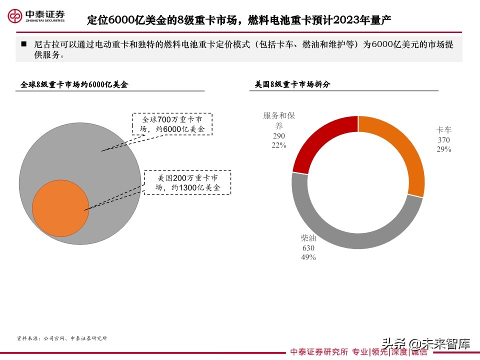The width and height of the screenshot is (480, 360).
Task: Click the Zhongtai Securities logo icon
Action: click(16, 16)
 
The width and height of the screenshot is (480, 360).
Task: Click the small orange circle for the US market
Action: click(60, 208)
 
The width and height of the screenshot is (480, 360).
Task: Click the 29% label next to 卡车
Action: click(443, 149)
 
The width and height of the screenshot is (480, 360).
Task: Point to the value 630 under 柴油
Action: click(308, 247)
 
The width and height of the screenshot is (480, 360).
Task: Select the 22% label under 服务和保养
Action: click(279, 145)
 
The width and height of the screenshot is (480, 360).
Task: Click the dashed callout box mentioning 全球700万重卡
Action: click(172, 124)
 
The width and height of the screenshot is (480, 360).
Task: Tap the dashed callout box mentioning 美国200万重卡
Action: click(187, 182)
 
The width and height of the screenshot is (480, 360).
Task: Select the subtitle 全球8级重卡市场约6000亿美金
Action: click(74, 84)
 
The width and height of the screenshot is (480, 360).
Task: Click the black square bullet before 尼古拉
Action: click(23, 44)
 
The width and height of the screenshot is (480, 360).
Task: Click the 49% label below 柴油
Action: click(308, 257)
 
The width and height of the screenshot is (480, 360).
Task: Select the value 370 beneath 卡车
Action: click(443, 140)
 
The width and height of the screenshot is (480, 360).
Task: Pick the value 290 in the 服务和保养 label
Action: click(279, 135)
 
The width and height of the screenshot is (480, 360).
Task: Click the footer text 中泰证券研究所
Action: click(319, 352)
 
